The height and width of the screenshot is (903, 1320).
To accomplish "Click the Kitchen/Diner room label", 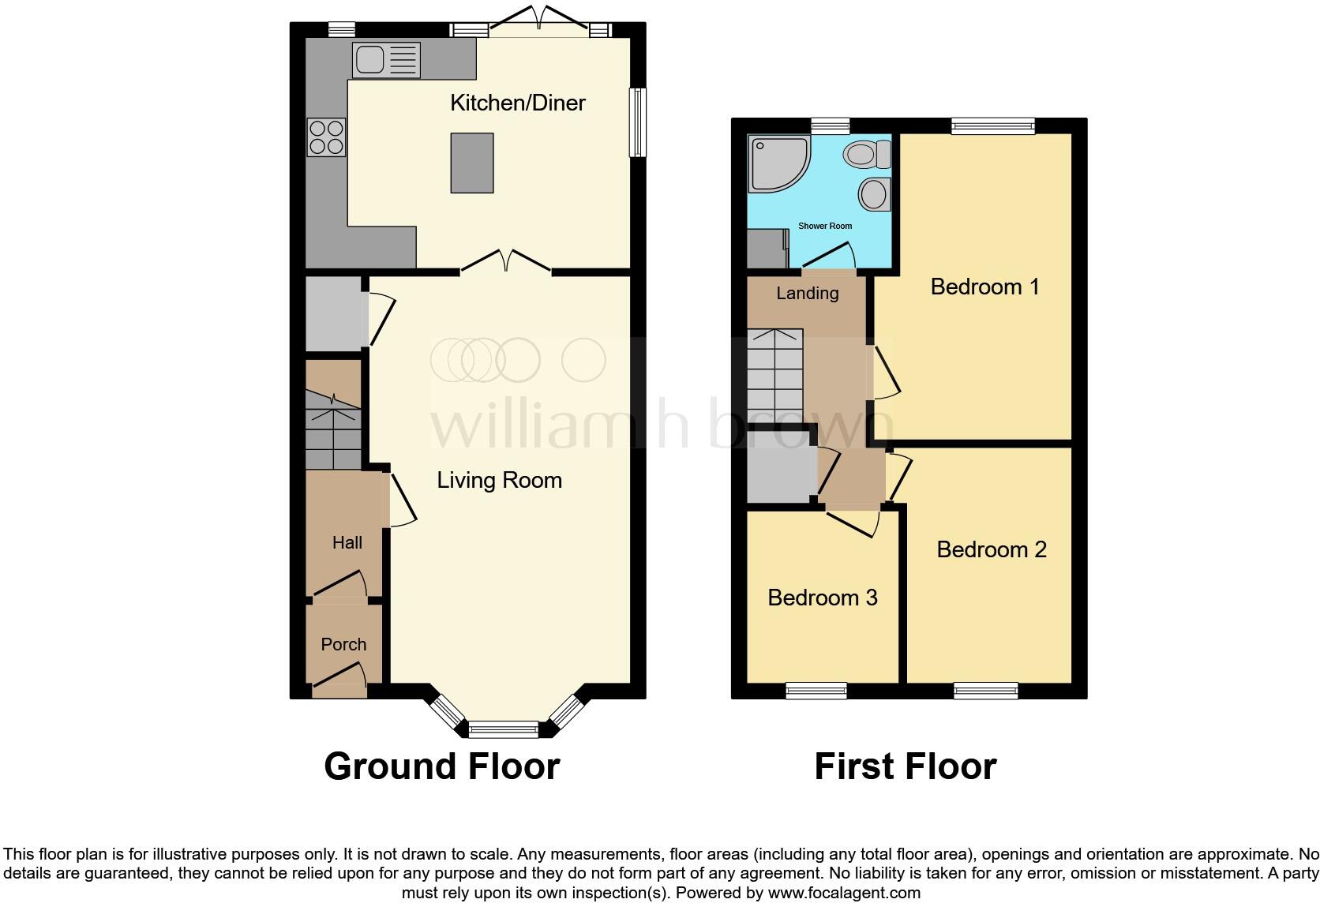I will click(517, 103).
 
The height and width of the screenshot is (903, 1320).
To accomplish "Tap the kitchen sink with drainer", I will click(385, 60).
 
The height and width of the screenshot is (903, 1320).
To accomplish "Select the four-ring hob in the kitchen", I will click(326, 137).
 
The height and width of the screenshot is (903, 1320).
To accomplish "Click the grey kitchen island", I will click(472, 163).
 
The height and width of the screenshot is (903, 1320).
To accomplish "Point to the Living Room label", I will click(499, 480).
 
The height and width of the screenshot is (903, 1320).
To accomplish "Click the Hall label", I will click(347, 542).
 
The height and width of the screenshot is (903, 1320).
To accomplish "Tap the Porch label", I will click(343, 644).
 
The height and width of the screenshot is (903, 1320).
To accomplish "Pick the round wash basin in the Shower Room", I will click(874, 193).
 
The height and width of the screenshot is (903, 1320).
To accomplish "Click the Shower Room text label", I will click(825, 226).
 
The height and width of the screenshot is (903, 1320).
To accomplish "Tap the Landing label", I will click(807, 293).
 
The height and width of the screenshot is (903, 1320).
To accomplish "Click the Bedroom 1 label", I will click(984, 287).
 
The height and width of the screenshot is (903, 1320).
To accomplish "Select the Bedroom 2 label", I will click(991, 549).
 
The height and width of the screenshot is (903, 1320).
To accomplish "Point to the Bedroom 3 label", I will click(822, 598).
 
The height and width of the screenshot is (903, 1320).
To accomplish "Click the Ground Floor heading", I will click(442, 766).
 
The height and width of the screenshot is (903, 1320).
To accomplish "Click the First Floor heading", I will click(905, 766).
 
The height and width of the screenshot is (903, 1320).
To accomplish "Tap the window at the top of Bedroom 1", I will click(992, 126).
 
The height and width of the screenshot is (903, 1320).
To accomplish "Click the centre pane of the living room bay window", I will click(504, 729).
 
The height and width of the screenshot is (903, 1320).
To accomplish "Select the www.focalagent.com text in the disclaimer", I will click(844, 893).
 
